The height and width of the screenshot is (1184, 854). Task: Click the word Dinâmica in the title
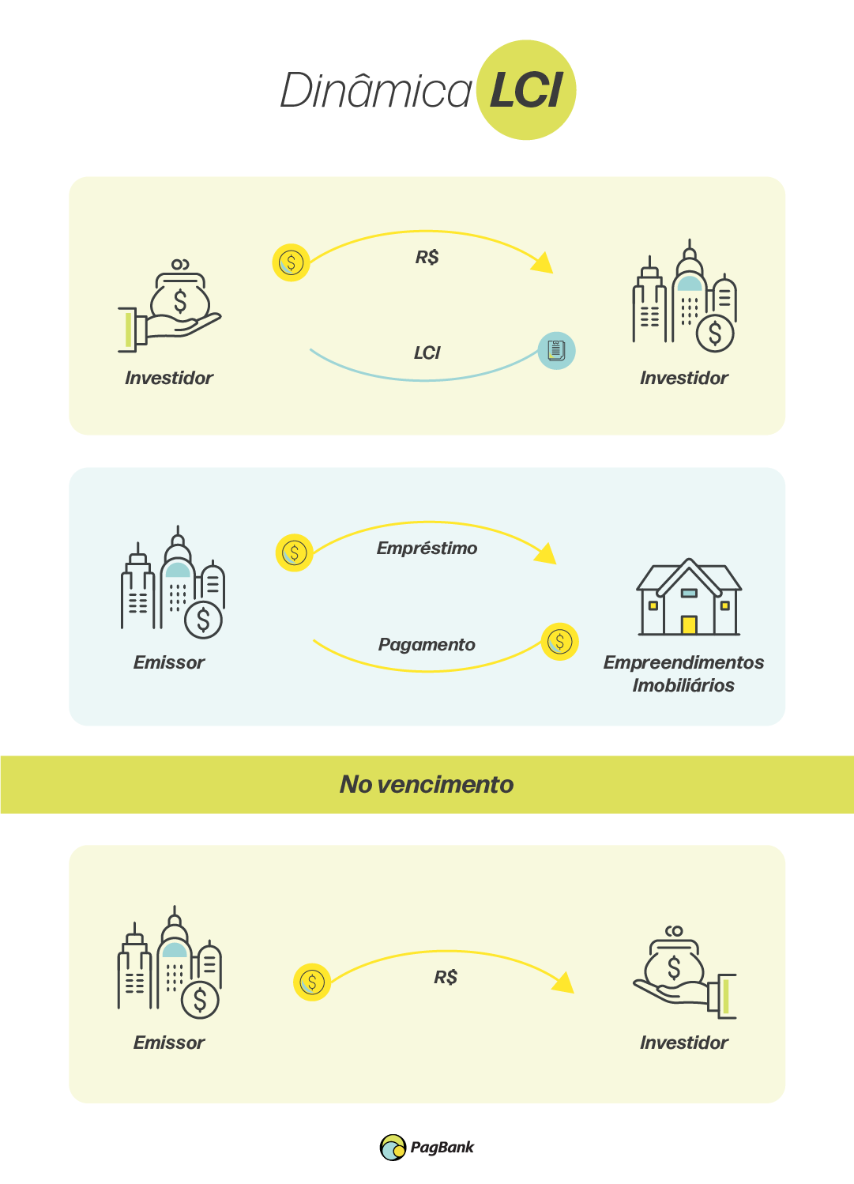pyautogui.click(x=376, y=91)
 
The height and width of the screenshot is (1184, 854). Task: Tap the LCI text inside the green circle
pyautogui.click(x=526, y=91)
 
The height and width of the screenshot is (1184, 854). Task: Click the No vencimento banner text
pyautogui.click(x=427, y=784)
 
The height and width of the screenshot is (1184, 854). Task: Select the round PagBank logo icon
pyautogui.click(x=393, y=1148)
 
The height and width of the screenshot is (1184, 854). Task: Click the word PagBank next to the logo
pyautogui.click(x=442, y=1148)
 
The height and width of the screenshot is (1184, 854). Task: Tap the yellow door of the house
pyautogui.click(x=689, y=625)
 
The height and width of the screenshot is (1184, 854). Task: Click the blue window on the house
pyautogui.click(x=689, y=593)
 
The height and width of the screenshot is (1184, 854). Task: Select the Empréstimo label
pyautogui.click(x=427, y=549)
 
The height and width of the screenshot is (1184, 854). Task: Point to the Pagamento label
pyautogui.click(x=427, y=645)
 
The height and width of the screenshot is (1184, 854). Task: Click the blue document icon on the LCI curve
pyautogui.click(x=556, y=350)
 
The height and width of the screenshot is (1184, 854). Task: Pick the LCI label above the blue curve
pyautogui.click(x=427, y=353)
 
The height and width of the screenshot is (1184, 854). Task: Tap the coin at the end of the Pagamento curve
pyautogui.click(x=559, y=642)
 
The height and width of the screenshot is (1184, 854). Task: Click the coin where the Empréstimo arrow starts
pyautogui.click(x=294, y=552)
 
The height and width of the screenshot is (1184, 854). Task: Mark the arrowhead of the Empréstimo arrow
pyautogui.click(x=547, y=553)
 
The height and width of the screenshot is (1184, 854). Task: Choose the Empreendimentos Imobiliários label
pyautogui.click(x=683, y=673)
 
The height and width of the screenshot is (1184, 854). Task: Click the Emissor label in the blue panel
pyautogui.click(x=169, y=662)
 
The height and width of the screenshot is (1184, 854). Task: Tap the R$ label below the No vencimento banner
pyautogui.click(x=446, y=978)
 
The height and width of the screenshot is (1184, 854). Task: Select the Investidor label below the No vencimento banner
pyautogui.click(x=683, y=1043)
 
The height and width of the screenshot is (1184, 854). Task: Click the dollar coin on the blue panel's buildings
pyautogui.click(x=203, y=620)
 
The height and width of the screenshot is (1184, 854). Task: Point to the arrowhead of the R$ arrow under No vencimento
pyautogui.click(x=564, y=982)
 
